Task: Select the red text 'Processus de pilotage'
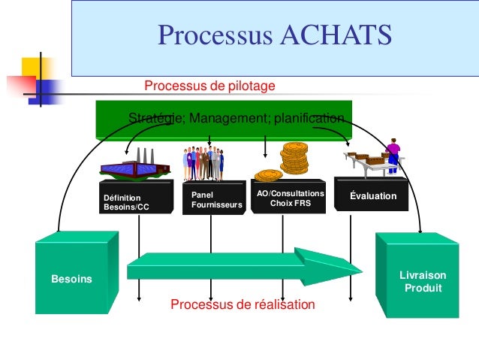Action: tap(209, 86)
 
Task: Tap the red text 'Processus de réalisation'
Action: tap(243, 304)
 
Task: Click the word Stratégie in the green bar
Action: tap(155, 119)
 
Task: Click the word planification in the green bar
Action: tap(309, 119)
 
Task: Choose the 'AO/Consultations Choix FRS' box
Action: tap(290, 197)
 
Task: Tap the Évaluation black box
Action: tap(372, 195)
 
